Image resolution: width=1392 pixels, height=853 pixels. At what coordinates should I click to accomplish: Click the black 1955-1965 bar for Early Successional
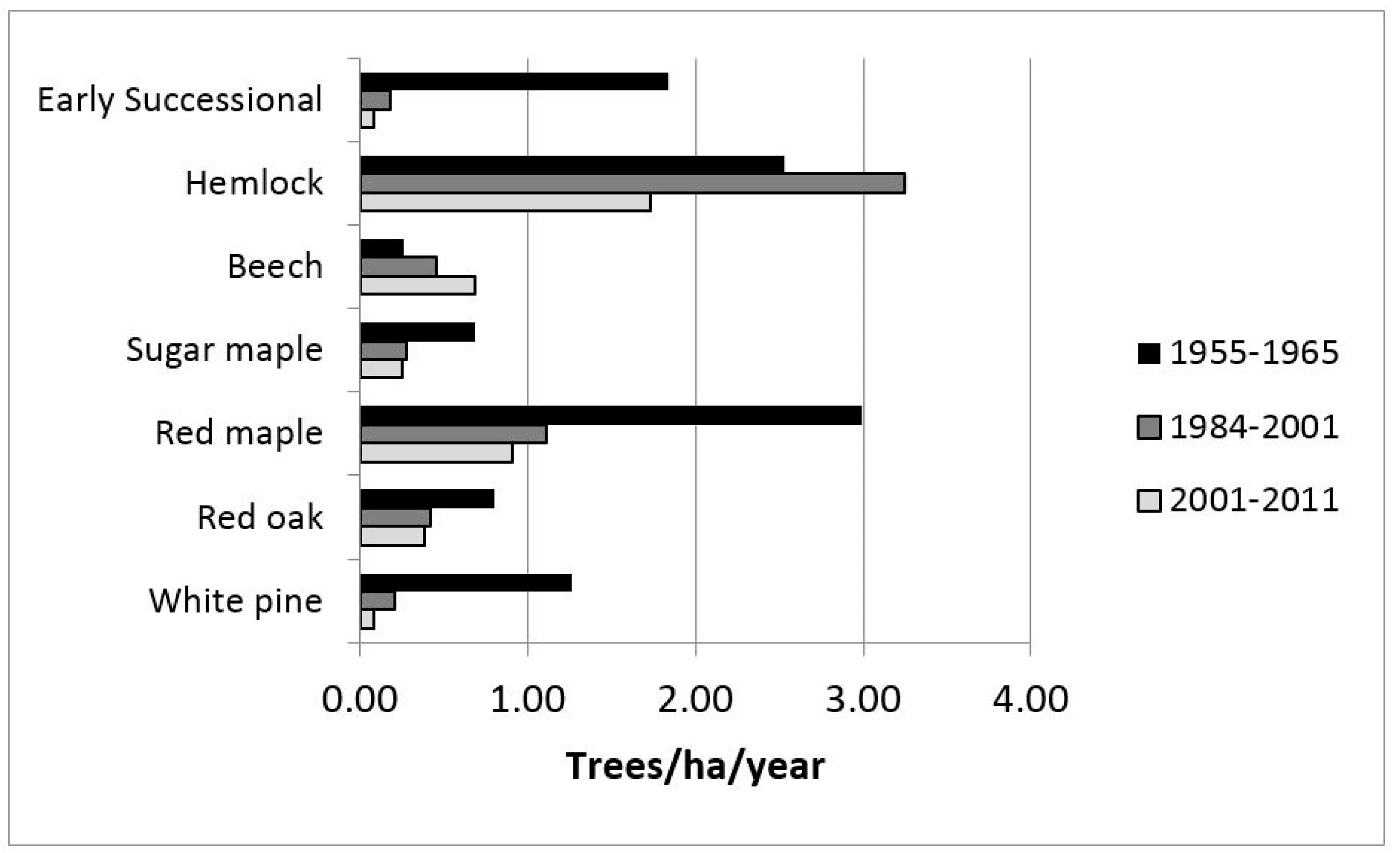click(x=514, y=81)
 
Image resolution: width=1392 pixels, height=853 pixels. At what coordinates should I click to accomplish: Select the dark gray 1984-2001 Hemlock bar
click(x=633, y=184)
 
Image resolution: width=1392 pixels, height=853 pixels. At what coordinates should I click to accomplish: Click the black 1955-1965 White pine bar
click(x=466, y=583)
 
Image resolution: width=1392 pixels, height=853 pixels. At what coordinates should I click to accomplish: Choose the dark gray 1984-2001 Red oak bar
click(x=395, y=518)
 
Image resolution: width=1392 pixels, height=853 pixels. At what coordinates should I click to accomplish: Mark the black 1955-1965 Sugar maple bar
click(x=418, y=332)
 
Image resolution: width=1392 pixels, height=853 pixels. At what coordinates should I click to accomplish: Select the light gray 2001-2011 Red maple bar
click(x=437, y=453)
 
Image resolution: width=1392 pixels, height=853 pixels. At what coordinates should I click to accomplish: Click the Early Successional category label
click(x=180, y=101)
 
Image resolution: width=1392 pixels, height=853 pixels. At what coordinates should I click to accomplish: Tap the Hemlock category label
click(x=254, y=184)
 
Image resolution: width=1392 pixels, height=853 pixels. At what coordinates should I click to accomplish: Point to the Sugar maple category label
click(x=224, y=350)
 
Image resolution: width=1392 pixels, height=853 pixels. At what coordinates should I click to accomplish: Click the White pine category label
click(x=236, y=601)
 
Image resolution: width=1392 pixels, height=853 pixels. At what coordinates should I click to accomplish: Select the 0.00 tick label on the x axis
click(x=359, y=699)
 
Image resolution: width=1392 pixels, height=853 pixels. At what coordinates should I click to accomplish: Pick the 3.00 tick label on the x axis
click(x=863, y=699)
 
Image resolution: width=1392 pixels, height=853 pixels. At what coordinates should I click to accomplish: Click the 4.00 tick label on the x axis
click(x=1030, y=699)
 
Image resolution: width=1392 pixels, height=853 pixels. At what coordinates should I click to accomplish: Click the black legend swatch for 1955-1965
click(x=1149, y=353)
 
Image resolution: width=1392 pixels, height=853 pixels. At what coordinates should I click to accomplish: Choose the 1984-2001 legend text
click(x=1254, y=427)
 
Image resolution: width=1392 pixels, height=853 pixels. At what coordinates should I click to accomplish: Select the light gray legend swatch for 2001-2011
click(x=1149, y=501)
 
